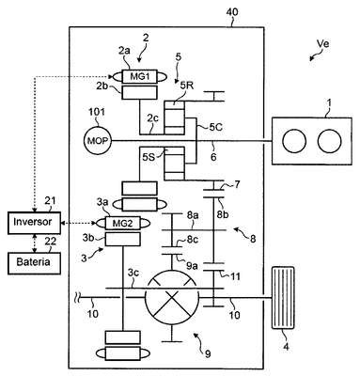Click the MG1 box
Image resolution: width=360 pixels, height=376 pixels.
[140, 76]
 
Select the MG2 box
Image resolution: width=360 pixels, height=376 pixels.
[123, 224]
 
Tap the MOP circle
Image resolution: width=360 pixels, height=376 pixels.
[97, 141]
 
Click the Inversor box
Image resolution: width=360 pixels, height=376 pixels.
[34, 223]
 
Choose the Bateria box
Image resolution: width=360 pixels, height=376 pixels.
[34, 262]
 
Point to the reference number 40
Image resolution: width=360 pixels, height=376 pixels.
[231, 12]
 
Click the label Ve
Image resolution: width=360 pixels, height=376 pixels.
[322, 44]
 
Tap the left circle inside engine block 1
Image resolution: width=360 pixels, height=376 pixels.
[294, 141]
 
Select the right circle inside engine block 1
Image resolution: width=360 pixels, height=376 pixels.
[329, 141]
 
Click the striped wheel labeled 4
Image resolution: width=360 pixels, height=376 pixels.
[284, 298]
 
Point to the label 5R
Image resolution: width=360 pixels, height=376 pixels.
[187, 86]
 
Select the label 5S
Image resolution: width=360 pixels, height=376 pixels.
[149, 157]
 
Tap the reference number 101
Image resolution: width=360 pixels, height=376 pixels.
[97, 112]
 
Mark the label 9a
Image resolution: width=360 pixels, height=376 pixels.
[192, 266]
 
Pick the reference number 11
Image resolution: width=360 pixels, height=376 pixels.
[235, 276]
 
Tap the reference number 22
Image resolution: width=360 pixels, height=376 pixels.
[51, 242]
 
